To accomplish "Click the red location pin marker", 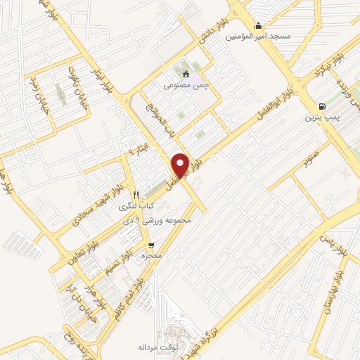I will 181,165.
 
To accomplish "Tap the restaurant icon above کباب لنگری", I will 136,195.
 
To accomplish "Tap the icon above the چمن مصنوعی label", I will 186,74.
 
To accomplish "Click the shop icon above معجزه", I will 151,245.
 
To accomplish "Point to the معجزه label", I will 151,256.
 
